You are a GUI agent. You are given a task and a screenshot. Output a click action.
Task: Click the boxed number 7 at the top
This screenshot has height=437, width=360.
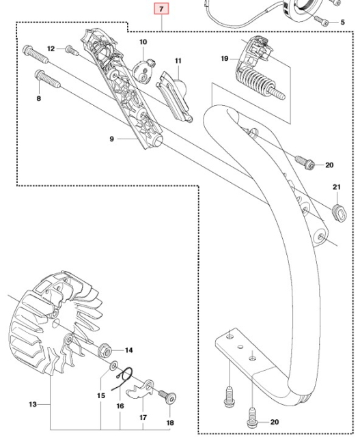[161, 10]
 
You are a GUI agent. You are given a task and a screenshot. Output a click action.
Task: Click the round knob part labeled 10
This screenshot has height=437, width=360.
[143, 68]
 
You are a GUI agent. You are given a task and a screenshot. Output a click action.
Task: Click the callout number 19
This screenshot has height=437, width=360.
[223, 59]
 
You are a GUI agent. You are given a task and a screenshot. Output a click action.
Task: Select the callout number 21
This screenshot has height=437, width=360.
[336, 188]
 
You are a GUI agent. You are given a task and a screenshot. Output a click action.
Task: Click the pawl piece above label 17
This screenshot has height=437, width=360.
[142, 388]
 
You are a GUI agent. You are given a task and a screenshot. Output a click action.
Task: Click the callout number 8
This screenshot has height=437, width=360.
[38, 99]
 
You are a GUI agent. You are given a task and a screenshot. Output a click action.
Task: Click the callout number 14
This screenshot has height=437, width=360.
[128, 350]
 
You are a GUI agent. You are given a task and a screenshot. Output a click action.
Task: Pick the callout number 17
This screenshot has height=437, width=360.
[143, 416]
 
